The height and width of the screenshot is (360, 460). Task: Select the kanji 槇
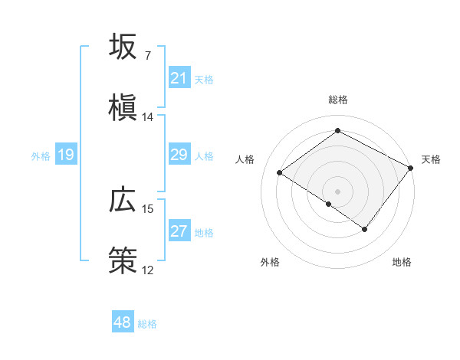coord(123,108)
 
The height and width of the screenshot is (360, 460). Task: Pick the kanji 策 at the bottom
coord(123,261)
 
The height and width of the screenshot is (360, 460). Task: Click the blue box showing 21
coord(179,78)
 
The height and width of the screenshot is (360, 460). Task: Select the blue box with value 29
coord(179,155)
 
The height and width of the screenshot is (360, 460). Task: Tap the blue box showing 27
coord(179,232)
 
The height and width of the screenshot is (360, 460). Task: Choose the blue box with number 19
coord(65,155)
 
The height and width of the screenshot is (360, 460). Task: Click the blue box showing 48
coord(123,322)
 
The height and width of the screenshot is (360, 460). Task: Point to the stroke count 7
coord(147,56)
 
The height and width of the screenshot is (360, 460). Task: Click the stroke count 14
coord(148,117)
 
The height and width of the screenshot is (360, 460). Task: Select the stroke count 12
coord(148,270)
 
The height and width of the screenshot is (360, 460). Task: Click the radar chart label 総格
coord(337,100)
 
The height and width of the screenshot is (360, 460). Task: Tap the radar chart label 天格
coord(431,159)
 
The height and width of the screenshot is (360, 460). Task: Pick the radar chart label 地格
coord(402,262)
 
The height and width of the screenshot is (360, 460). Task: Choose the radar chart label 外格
coord(270,262)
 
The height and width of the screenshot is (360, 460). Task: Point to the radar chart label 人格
coord(245,159)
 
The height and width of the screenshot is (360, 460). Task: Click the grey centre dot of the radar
coord(337,190)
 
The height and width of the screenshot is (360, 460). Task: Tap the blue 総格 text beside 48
coord(147,324)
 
